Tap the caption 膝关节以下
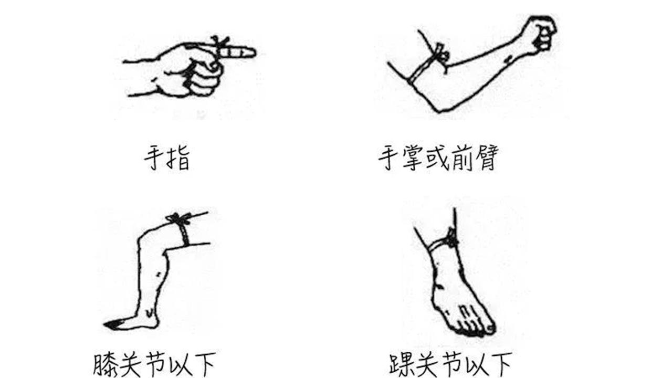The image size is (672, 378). point(154,364)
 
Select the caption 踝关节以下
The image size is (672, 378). point(450,364)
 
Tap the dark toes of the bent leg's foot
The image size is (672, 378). point(112,324)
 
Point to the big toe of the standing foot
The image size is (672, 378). point(490,328)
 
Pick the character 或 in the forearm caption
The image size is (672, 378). point(438,158)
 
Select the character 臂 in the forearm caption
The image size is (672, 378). point(487,158)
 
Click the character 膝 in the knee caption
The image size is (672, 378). point(104,365)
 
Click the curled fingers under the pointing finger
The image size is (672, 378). point(204,79)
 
